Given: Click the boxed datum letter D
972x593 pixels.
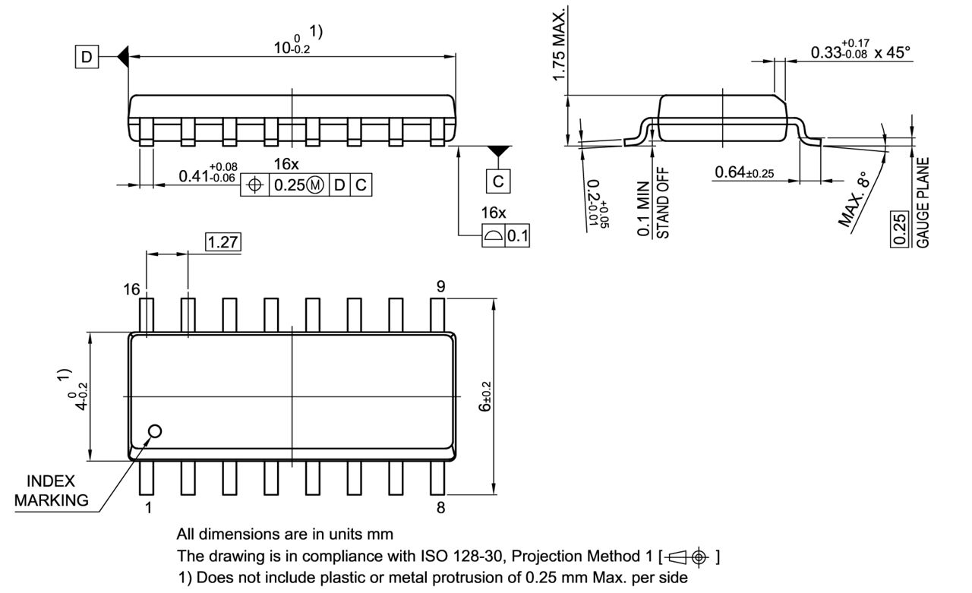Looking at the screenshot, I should (87, 57).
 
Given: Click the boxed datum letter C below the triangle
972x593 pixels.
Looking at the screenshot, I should (497, 182).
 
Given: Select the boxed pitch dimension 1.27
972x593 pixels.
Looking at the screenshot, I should (224, 242).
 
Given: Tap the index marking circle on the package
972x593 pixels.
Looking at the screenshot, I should (155, 431).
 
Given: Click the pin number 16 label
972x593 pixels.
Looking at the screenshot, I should (132, 289).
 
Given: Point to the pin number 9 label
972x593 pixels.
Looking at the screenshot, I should (440, 286).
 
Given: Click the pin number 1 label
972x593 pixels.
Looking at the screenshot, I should (148, 508).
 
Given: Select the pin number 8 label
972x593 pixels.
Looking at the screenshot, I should (440, 508).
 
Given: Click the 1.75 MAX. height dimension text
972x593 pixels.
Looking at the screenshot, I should (559, 46).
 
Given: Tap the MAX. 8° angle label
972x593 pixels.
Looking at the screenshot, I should (854, 200).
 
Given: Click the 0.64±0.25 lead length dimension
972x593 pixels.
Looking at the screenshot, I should (744, 173).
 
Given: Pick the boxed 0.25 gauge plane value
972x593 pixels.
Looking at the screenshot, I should (899, 229).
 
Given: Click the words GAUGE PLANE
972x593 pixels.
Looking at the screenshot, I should (923, 202).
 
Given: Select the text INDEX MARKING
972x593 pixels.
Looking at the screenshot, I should (51, 490).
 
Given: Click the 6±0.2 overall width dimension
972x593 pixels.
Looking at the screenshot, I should (485, 396).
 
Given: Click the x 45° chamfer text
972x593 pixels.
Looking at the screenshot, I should (892, 52).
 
